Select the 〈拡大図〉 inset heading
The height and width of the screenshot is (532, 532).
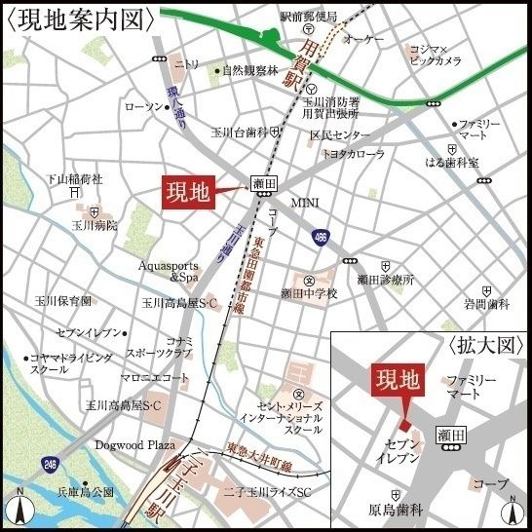coord(485,346)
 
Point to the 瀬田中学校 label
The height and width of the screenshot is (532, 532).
coord(309,293)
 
